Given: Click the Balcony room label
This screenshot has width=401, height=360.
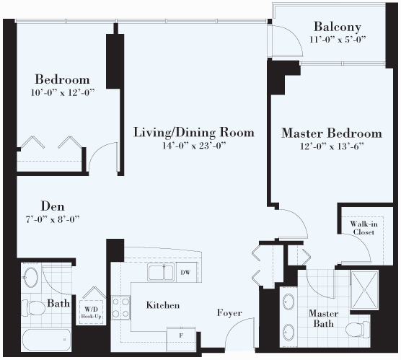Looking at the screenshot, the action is pos(338,27).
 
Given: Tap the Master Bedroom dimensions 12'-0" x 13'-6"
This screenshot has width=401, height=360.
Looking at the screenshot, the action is pos(332,146).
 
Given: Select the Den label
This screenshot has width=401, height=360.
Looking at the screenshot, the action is pos(53,206).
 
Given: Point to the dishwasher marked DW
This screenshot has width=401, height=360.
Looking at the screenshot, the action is pos(186,273).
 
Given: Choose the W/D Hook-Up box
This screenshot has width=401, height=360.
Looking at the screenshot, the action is pos(91,312).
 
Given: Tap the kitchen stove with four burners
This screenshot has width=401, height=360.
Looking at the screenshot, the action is pos(120,307).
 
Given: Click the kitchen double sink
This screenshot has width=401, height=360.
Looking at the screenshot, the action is pos(161,272).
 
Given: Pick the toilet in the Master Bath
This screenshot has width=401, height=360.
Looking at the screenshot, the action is pos(358,330).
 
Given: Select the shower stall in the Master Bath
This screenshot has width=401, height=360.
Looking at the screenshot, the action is pos(364,289).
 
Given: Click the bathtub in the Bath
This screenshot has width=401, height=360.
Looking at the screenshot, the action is pos(47,340).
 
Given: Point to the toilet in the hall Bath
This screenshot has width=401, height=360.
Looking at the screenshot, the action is pos(33,308).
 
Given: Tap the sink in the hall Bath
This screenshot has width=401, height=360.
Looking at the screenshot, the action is pos(30,277).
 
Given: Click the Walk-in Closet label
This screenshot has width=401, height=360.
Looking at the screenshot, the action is pos(363,228).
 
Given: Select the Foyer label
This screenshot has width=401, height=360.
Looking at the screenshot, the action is pos(229,312).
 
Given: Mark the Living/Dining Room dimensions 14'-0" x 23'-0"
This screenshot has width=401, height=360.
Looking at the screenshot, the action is pos(194,146).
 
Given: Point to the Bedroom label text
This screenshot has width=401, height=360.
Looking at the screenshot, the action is pos(63,79).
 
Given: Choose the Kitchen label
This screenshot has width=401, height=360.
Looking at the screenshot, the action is pos(163,305).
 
